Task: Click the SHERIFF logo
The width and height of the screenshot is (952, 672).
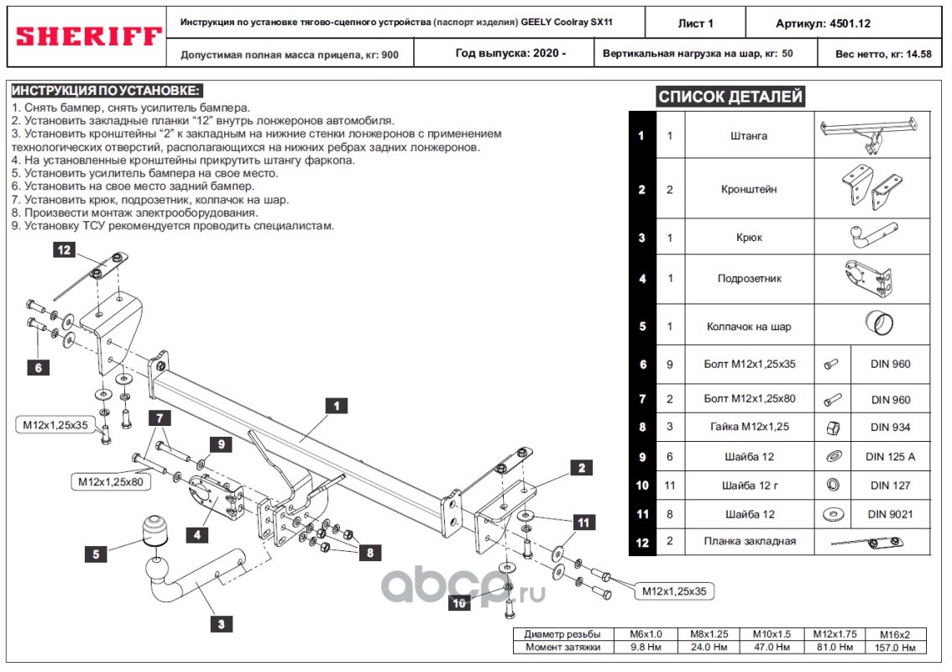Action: coord(88,36)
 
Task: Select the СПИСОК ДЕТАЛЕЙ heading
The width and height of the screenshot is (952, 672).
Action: coord(730,97)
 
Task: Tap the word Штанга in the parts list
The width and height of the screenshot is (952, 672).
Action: coord(749,136)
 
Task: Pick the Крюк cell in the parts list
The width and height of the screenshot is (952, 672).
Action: coord(749,238)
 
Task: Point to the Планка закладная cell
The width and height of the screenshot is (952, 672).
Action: coord(749,542)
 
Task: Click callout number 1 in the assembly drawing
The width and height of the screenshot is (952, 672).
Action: coord(336,406)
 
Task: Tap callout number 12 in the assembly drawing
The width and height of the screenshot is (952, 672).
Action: coord(65,249)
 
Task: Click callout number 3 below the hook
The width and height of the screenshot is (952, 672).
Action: coord(221,623)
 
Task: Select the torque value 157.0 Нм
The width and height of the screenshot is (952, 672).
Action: coord(899,648)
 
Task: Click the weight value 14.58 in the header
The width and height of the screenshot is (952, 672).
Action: coord(915,55)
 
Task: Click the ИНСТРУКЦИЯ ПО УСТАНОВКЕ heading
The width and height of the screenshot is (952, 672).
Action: coord(107,91)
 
